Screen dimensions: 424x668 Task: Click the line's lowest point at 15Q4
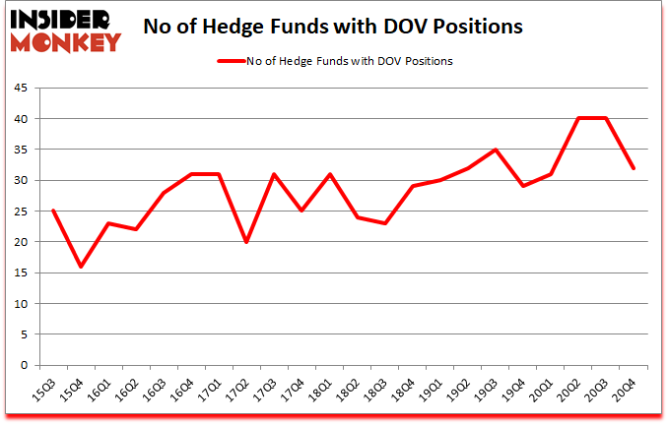81,267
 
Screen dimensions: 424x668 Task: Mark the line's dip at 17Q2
246,242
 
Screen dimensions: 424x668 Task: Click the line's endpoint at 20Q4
634,168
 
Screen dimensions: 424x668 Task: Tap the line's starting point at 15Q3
53,212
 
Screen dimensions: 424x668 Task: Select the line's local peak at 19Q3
496,150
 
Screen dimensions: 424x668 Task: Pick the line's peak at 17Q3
274,174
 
